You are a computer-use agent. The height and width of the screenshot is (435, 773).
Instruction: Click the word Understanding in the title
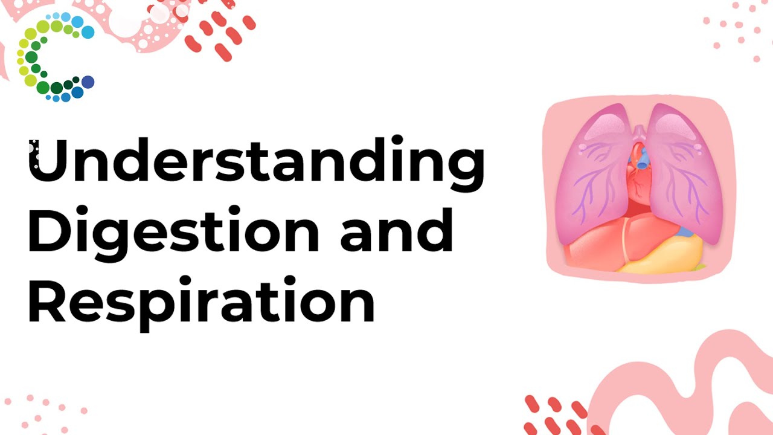tap(256, 160)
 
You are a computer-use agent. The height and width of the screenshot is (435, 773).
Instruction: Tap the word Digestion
tap(172, 232)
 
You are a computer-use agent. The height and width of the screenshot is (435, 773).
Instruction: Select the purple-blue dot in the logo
tap(88, 82)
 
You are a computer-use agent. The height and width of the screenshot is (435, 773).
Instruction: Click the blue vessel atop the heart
tap(643, 159)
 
